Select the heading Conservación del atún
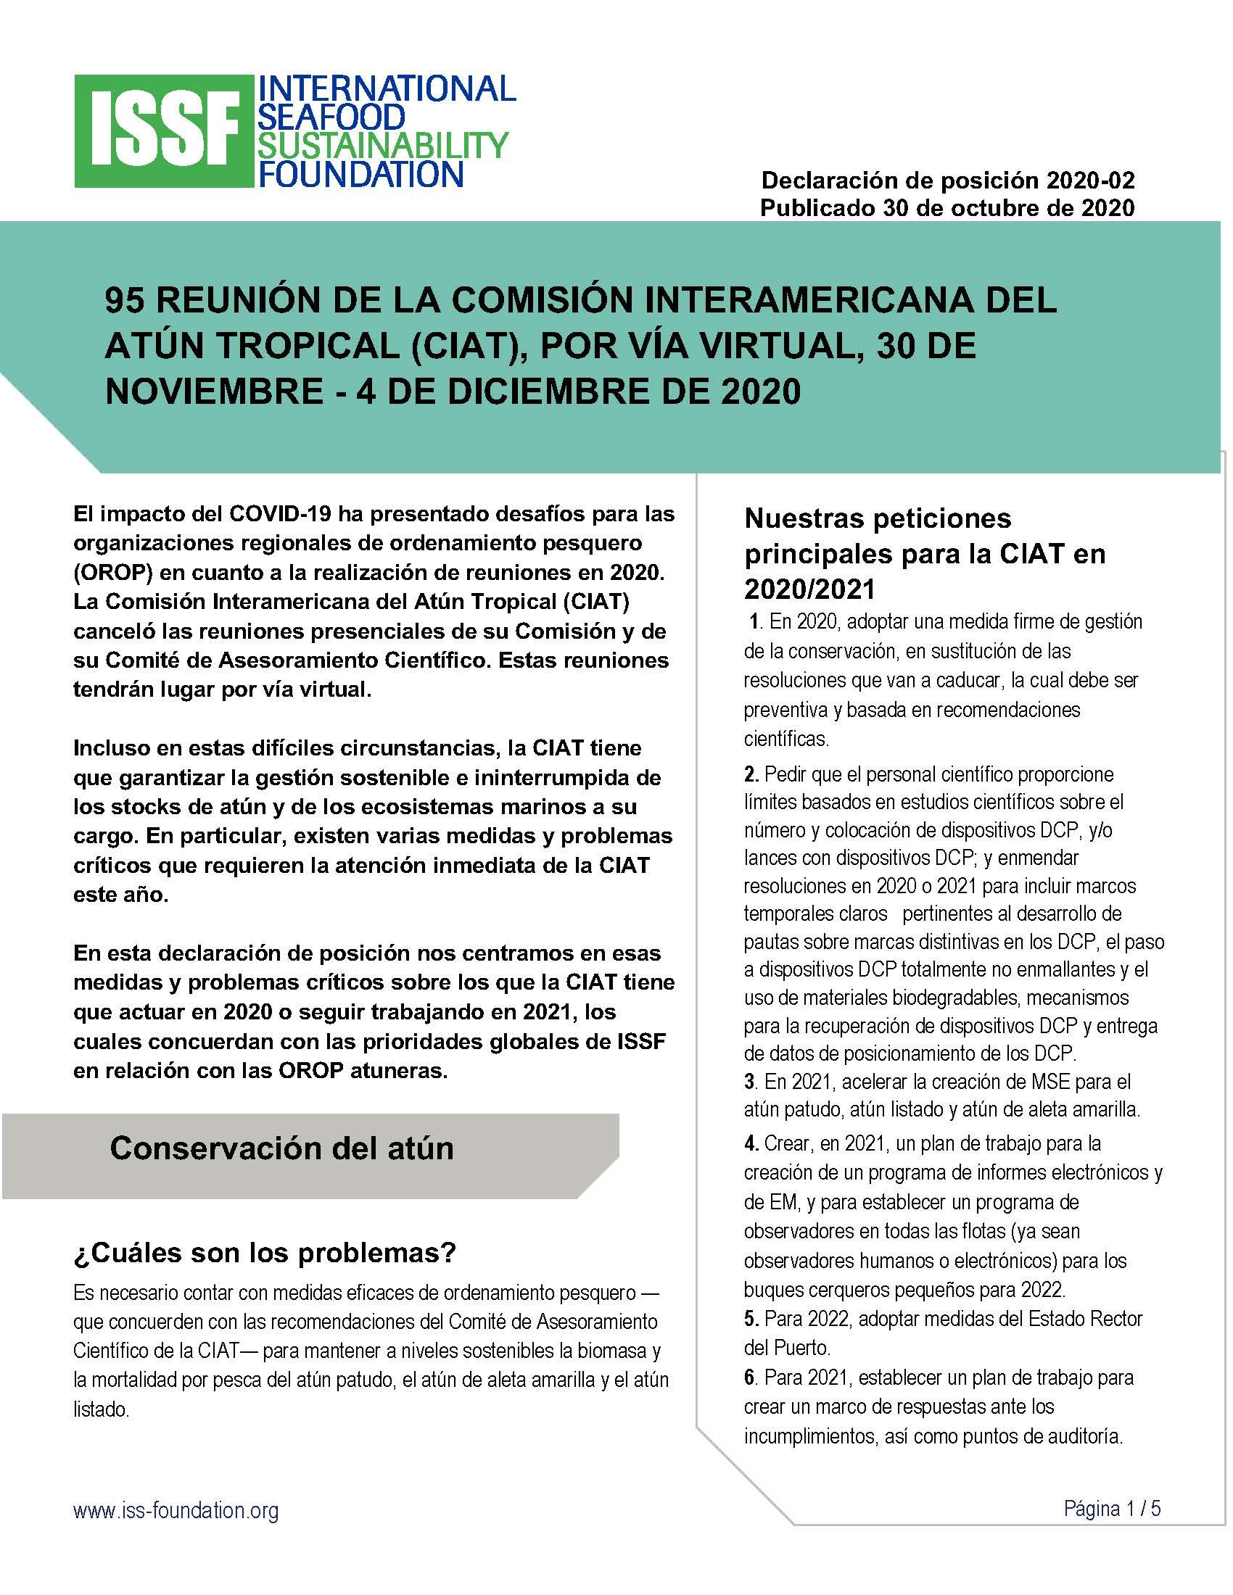[x=281, y=1148]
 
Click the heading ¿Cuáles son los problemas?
[x=265, y=1254]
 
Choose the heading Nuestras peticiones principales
[x=925, y=553]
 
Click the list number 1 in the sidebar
[x=754, y=621]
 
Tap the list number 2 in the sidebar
[x=751, y=774]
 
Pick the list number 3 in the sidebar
[x=749, y=1082]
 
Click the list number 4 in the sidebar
[x=751, y=1143]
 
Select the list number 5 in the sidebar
[x=750, y=1318]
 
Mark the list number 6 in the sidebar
[x=750, y=1378]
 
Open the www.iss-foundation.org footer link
[x=176, y=1510]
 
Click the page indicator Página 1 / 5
[x=1112, y=1508]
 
